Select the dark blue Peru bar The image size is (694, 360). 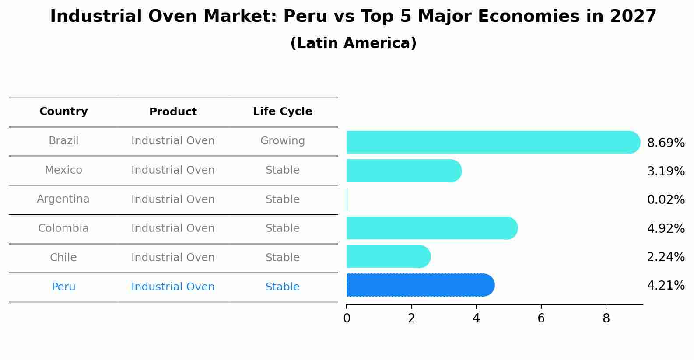point(420,285)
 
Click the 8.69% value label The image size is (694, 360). point(666,143)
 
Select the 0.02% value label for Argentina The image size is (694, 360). point(666,200)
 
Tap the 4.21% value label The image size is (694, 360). point(666,286)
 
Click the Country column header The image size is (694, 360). point(63,112)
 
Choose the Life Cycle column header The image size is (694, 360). point(282,112)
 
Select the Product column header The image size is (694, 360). point(173,112)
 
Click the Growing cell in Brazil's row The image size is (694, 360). point(282,141)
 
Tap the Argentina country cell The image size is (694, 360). point(63,199)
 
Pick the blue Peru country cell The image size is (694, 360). point(63,287)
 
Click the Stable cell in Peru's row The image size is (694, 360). point(282,287)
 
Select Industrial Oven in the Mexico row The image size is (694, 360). point(173,170)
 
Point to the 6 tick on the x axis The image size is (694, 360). point(541,318)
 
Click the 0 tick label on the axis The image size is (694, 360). point(347,318)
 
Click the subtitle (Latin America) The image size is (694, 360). point(353,43)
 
